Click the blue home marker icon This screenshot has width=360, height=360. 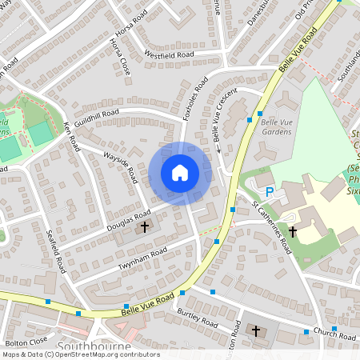tap(180, 173)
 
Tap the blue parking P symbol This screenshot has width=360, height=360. tap(270, 192)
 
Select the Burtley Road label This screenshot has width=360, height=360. tap(198, 318)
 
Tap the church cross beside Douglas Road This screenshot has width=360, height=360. tap(145, 227)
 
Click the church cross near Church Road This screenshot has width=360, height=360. tap(257, 330)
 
